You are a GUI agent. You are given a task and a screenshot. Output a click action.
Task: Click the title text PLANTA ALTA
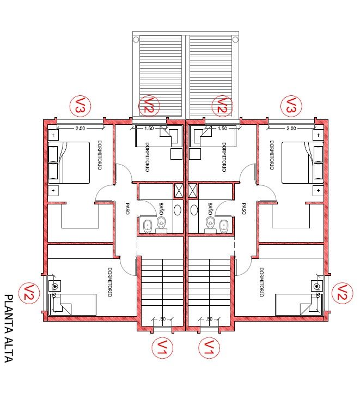(9, 329)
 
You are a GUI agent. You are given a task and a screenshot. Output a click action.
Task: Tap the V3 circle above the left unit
(80, 106)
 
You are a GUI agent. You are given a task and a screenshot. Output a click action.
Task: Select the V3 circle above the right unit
(291, 106)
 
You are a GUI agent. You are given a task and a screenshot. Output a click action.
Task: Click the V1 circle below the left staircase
(162, 348)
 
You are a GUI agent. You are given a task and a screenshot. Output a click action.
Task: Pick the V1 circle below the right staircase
(209, 348)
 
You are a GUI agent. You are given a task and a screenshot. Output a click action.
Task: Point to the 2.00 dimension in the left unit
(80, 128)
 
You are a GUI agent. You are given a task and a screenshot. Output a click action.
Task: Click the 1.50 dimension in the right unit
(222, 128)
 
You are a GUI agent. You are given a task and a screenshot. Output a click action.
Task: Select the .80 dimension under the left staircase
(163, 319)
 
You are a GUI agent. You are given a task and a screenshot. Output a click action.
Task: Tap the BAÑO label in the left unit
(161, 209)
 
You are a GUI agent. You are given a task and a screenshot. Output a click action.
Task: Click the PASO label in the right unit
(244, 209)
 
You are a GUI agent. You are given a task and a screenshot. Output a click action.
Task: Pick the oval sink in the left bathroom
(178, 210)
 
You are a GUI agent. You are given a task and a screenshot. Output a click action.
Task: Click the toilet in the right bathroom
(210, 223)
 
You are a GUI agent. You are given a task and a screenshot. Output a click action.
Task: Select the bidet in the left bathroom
(148, 227)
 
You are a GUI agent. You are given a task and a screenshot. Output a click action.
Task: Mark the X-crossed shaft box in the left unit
(179, 191)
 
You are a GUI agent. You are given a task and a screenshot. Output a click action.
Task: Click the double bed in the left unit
(69, 163)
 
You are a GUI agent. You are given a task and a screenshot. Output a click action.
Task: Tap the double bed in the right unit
(302, 163)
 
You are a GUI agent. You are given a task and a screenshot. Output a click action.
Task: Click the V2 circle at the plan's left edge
(29, 293)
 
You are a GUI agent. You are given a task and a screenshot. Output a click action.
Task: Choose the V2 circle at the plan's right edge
(342, 293)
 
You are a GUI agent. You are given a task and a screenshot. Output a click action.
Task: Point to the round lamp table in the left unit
(54, 286)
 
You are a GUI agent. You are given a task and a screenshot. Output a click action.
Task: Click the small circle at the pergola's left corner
(136, 39)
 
